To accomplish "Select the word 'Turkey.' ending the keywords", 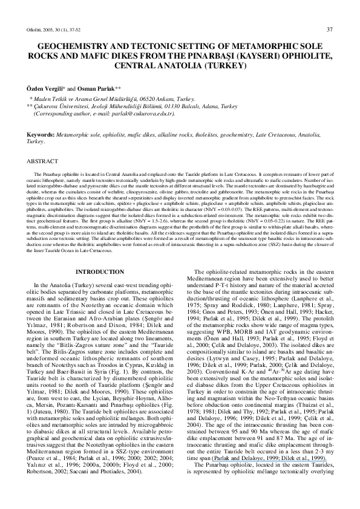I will coord(35,141).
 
